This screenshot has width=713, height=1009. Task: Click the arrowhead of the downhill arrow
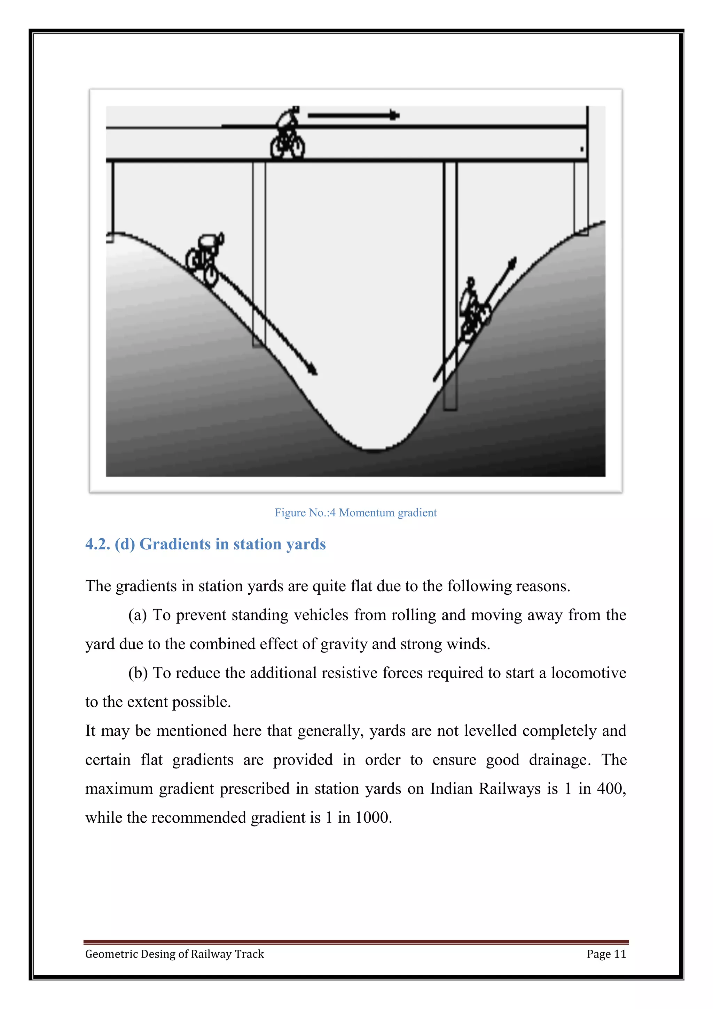coord(313,370)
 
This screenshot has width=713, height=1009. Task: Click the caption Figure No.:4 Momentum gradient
coord(355,513)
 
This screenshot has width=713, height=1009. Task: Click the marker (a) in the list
coord(138,615)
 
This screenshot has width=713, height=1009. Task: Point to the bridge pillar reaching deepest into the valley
coord(450,286)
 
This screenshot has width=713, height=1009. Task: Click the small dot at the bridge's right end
coord(582,149)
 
